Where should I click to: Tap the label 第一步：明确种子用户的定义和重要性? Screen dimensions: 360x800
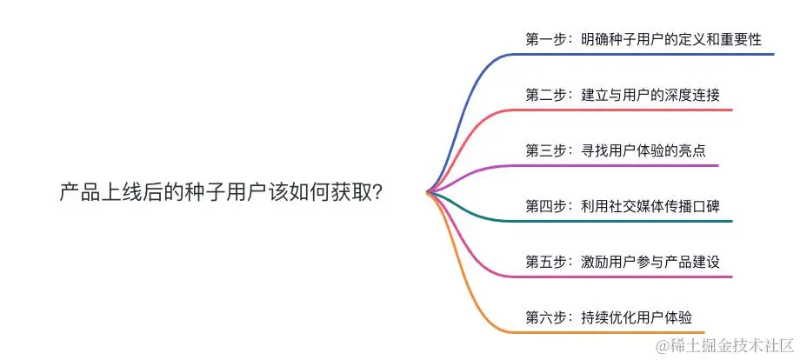643,39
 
